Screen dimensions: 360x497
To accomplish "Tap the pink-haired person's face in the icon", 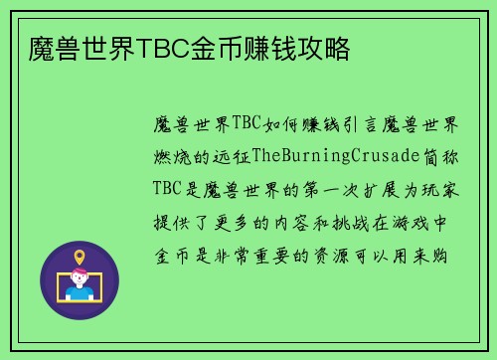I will [x=80, y=278].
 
